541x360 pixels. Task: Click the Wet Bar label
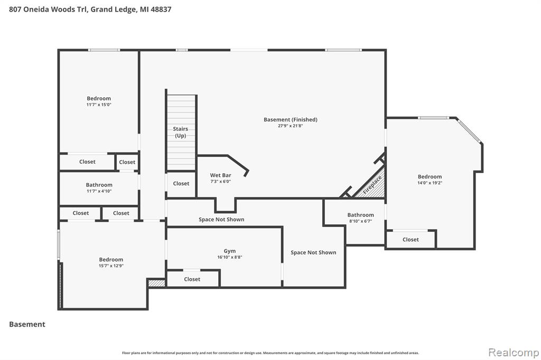(x=220, y=175)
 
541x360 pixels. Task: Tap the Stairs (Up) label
(x=181, y=132)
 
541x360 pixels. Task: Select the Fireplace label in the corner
(x=372, y=185)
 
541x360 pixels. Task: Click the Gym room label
(x=230, y=251)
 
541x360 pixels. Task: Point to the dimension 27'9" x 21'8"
(x=291, y=126)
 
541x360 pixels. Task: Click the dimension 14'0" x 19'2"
(x=430, y=183)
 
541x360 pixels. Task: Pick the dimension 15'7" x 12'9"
(x=111, y=266)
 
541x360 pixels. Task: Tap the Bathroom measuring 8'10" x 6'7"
(x=360, y=215)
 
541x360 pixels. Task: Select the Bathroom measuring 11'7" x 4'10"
(x=99, y=185)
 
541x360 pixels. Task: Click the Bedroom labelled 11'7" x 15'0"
(x=99, y=98)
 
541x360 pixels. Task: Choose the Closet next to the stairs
(x=181, y=184)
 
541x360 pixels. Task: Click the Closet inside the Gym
(x=192, y=279)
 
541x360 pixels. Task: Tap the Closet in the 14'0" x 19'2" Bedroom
(x=411, y=239)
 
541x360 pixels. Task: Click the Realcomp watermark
(x=514, y=352)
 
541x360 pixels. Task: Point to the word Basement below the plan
(x=27, y=324)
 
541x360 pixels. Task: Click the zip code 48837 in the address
(x=161, y=10)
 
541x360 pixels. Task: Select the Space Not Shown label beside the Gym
(x=313, y=252)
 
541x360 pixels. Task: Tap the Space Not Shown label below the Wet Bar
(x=221, y=219)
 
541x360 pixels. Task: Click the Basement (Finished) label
(x=291, y=120)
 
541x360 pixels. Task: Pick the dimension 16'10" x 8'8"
(x=230, y=257)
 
